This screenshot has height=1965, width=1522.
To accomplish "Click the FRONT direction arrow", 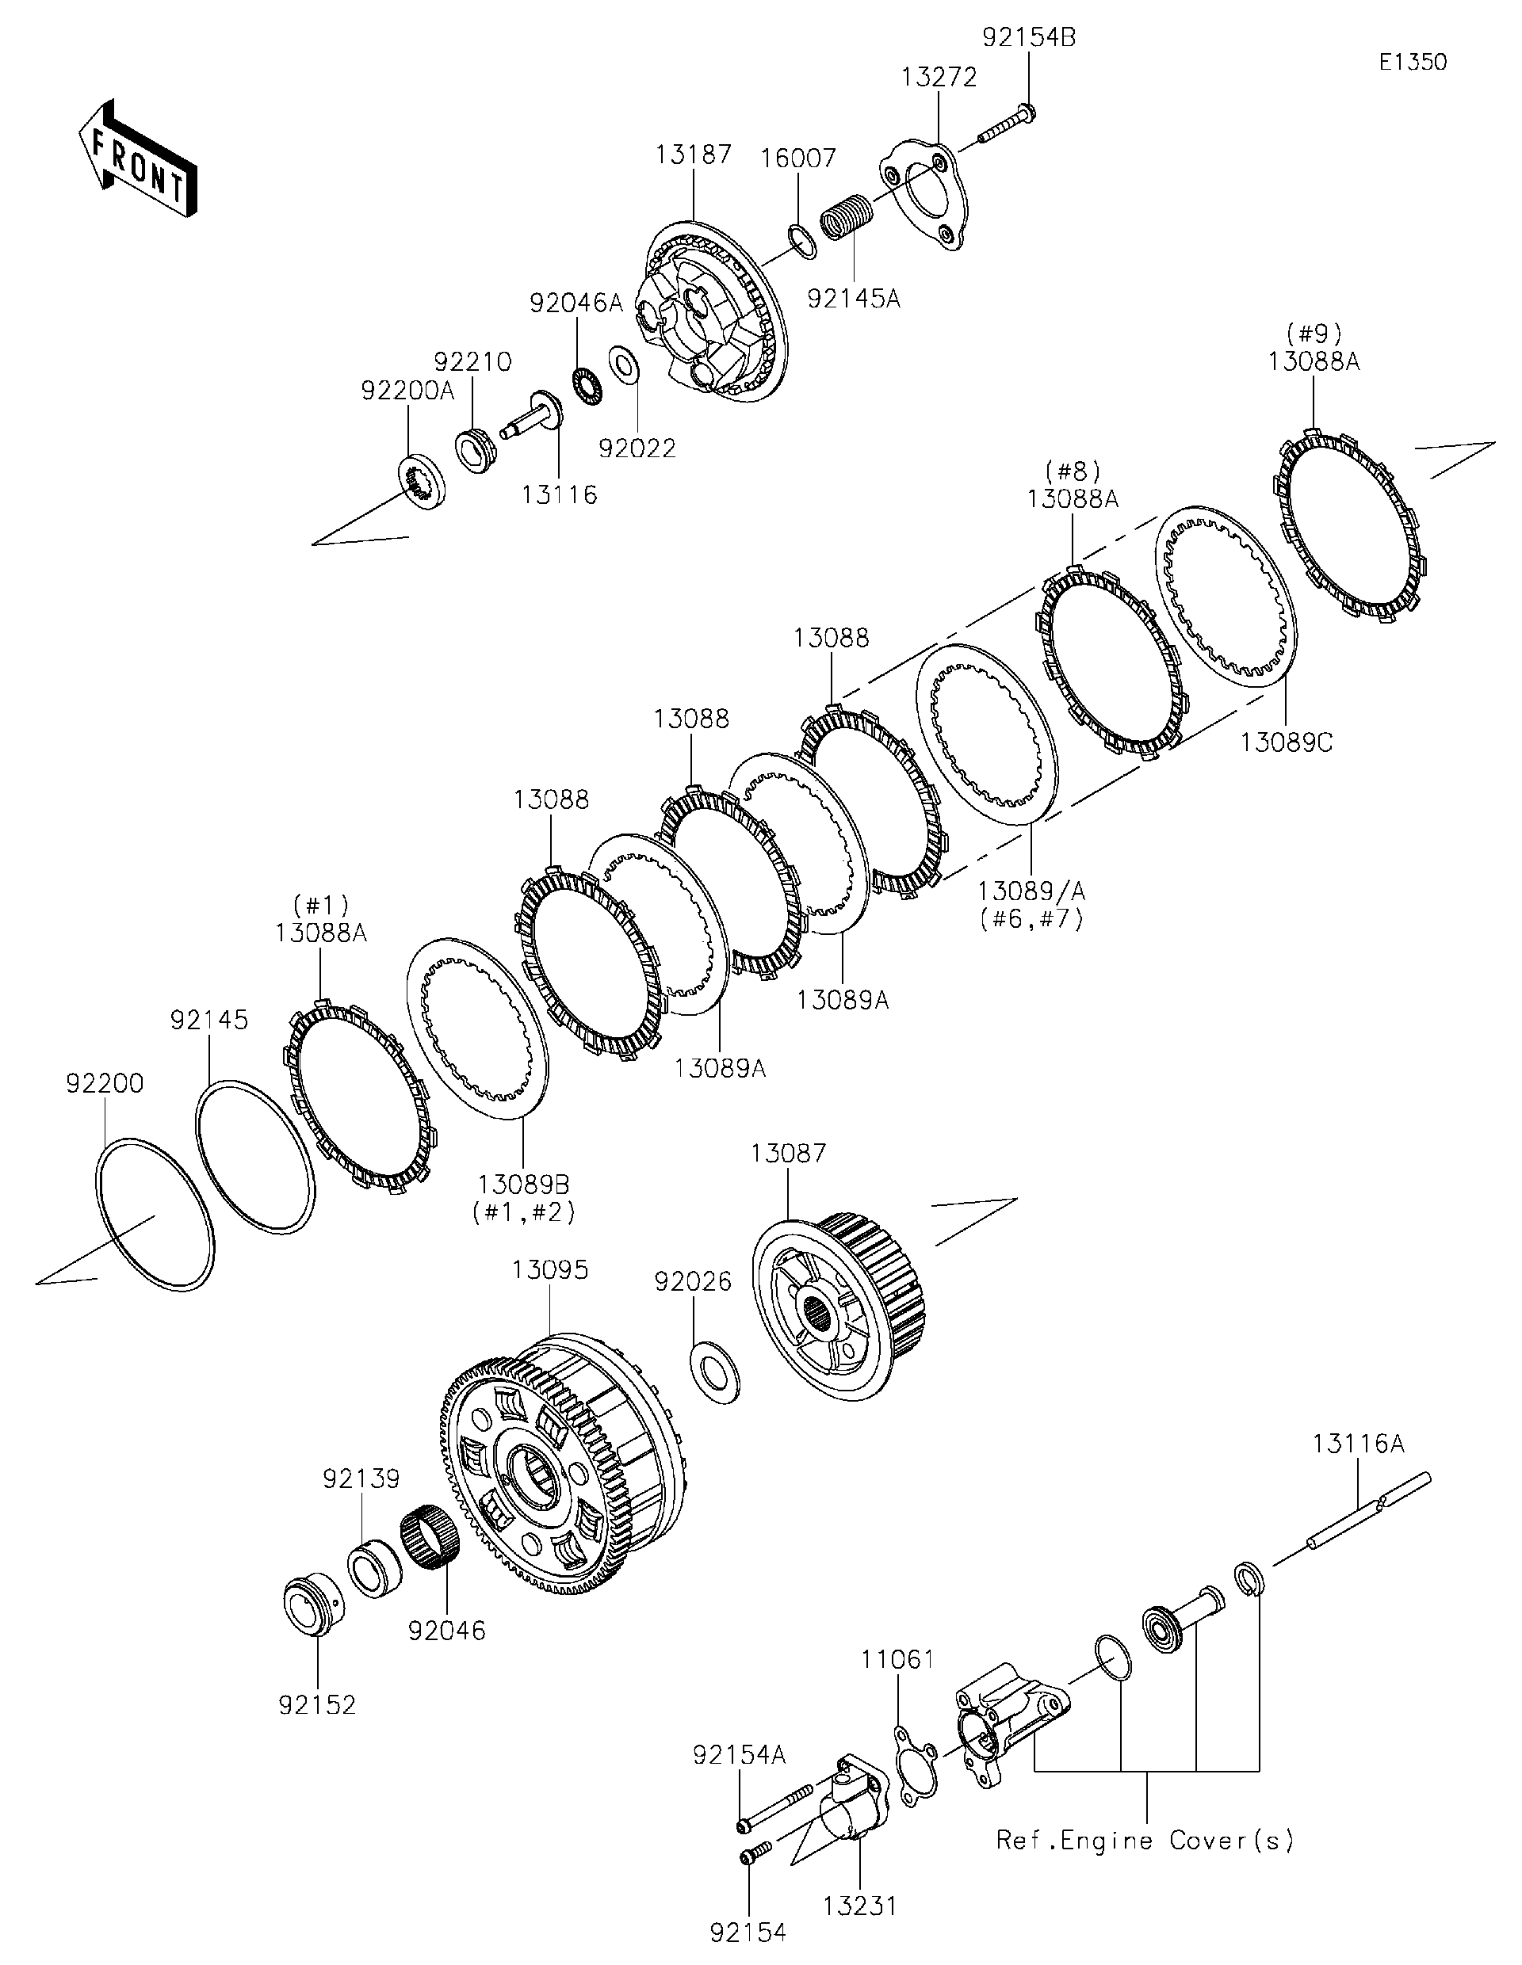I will click(x=137, y=160).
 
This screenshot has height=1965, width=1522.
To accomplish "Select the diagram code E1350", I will click(x=1412, y=62).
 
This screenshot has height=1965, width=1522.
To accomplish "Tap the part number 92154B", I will click(x=1028, y=39).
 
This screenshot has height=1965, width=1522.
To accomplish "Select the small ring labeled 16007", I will click(x=802, y=241).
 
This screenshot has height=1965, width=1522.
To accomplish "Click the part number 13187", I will click(x=693, y=155).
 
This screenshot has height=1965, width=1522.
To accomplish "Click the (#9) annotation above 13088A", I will click(x=1314, y=334).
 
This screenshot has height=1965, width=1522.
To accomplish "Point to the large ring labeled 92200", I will click(x=155, y=1215).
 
